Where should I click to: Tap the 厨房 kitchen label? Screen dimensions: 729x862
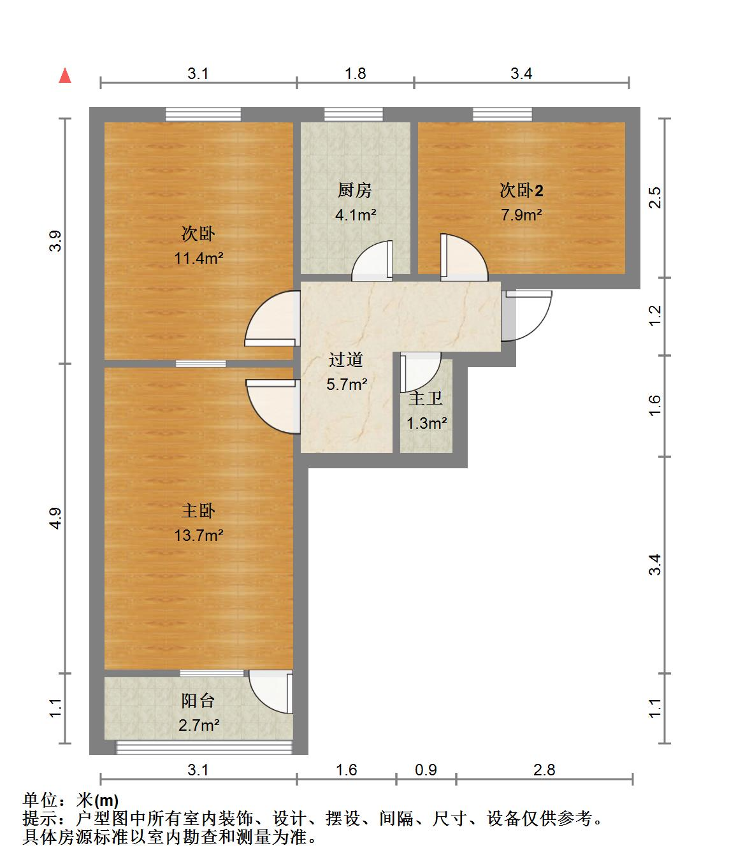[354, 190]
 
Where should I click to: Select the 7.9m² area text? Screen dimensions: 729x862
[521, 215]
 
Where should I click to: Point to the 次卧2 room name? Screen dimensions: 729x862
[521, 190]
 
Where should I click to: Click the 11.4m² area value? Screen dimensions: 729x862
[199, 258]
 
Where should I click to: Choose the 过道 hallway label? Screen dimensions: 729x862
[346, 359]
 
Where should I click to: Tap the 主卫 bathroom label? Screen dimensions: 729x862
[425, 398]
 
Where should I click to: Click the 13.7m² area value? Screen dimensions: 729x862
[199, 535]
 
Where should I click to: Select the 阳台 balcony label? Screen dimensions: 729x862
[198, 701]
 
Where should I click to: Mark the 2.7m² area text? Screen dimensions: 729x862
[199, 726]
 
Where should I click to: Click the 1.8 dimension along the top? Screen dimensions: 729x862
[356, 73]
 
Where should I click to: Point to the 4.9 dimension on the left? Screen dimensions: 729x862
[55, 519]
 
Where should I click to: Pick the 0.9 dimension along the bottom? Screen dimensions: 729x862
[426, 770]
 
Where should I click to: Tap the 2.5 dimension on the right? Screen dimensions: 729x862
[655, 198]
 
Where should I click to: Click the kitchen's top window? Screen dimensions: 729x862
[354, 114]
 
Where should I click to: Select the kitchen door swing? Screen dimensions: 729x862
[372, 260]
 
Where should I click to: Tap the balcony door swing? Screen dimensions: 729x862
[271, 692]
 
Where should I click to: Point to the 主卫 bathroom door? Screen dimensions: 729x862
[421, 372]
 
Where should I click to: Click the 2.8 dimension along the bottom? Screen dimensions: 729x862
[544, 770]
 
